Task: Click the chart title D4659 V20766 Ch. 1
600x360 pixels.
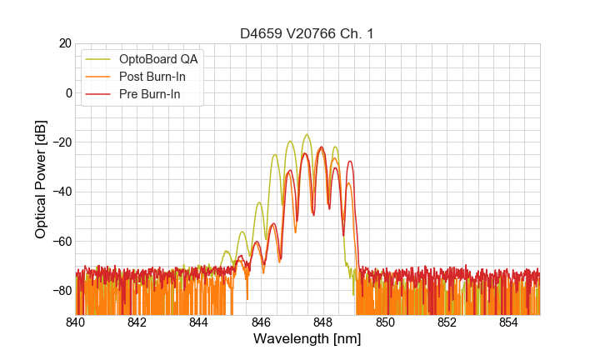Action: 307,33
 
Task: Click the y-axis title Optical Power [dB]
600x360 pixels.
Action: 41,179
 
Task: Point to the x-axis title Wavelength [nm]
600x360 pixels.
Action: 307,339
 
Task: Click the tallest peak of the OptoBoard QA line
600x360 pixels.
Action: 307,134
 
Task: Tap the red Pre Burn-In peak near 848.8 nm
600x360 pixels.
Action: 350,161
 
